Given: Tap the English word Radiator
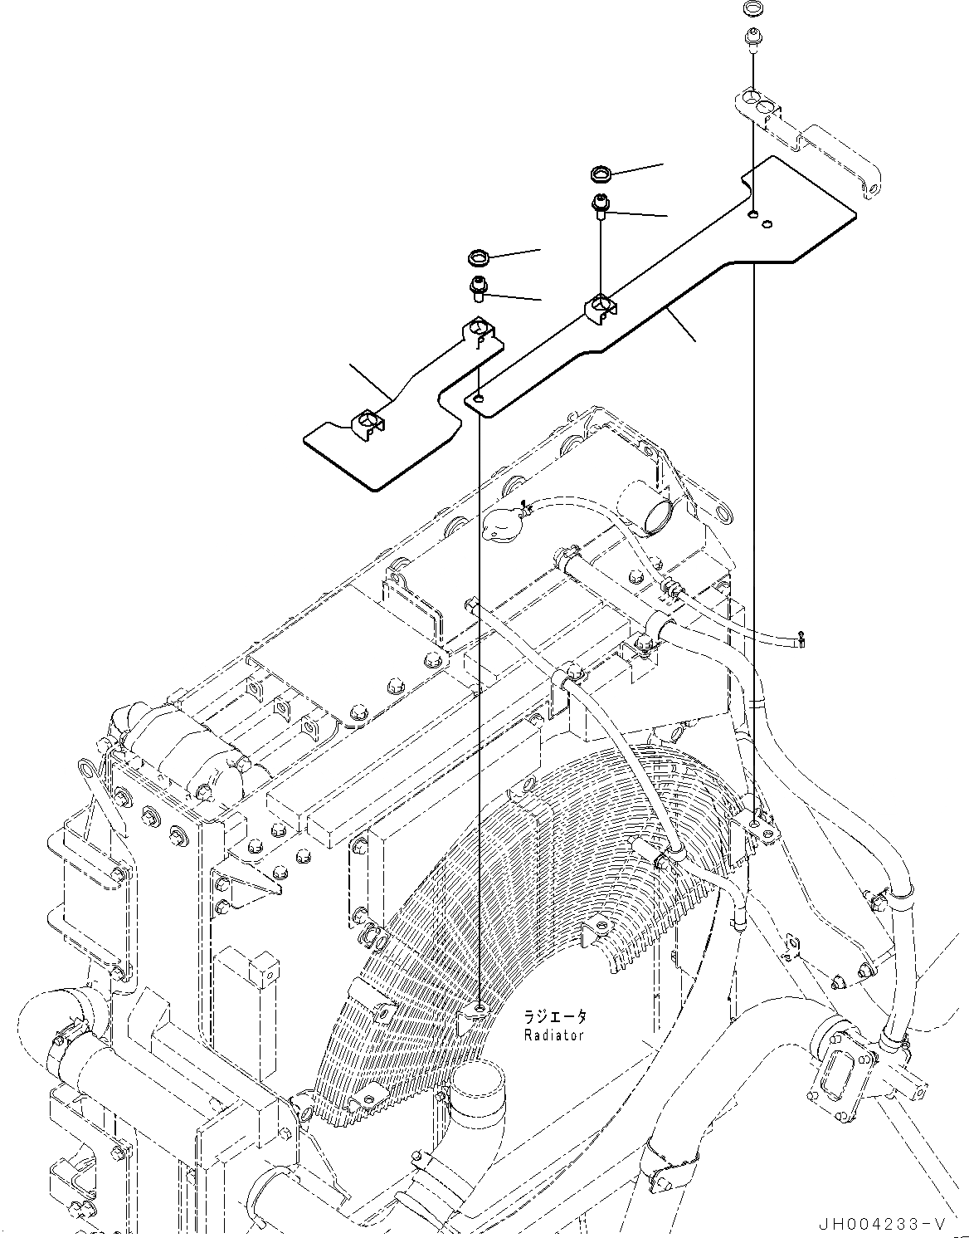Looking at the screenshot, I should pos(553,1035).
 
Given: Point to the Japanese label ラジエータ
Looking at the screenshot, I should pos(554,1016).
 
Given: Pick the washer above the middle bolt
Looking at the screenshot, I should pos(601,174).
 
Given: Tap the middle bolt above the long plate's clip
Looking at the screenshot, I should pos(600,203).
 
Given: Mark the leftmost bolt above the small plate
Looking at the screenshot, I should pos(479,287).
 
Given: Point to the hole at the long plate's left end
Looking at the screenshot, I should pos(477,399).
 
